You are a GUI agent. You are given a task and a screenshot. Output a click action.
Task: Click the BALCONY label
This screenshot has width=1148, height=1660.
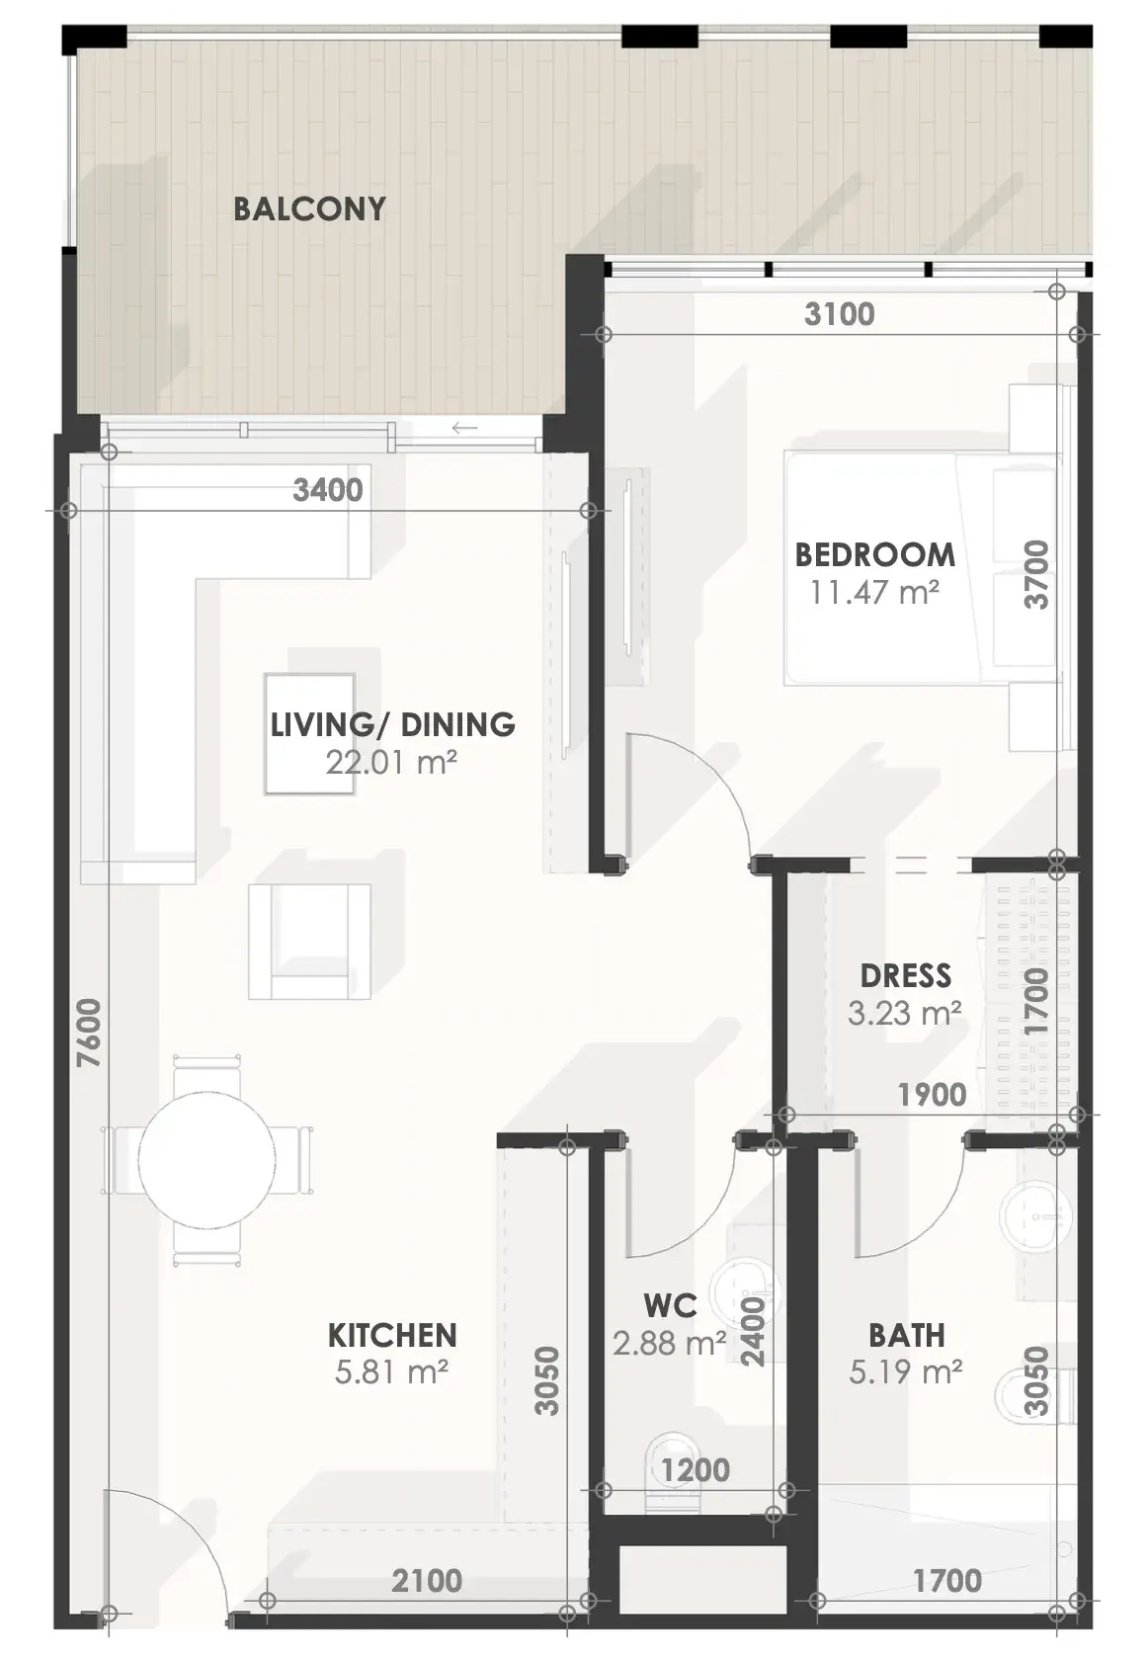point(309,209)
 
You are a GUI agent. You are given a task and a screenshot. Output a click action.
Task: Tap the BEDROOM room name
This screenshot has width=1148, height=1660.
point(874,555)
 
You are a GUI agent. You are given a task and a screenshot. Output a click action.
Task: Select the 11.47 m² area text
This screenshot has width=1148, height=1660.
point(874,593)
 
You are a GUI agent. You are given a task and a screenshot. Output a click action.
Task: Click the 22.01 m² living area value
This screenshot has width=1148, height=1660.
point(390,762)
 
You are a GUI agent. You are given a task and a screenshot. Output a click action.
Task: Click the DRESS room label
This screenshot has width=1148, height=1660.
point(905,976)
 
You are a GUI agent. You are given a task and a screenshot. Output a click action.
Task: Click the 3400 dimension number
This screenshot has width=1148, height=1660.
point(328,490)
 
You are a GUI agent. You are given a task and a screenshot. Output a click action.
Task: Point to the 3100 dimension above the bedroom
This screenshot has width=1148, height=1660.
point(839,314)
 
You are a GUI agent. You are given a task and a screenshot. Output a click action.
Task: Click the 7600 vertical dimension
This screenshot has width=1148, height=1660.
point(89,1034)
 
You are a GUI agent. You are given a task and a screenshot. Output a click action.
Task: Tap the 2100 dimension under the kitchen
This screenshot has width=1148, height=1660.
point(427,1581)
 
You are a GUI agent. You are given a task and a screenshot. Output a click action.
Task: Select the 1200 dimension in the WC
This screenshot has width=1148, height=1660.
point(696,1470)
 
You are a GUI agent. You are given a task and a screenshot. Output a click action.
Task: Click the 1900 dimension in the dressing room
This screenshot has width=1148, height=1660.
point(933,1095)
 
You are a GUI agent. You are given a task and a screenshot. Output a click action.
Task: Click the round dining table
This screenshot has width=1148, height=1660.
point(206,1160)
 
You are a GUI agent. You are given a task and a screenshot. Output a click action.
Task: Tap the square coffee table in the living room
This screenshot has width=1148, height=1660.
point(310,733)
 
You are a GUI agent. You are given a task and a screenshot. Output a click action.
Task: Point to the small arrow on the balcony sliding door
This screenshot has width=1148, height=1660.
point(464,428)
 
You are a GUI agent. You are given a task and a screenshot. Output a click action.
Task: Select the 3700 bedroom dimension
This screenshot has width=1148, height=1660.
point(1036,575)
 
